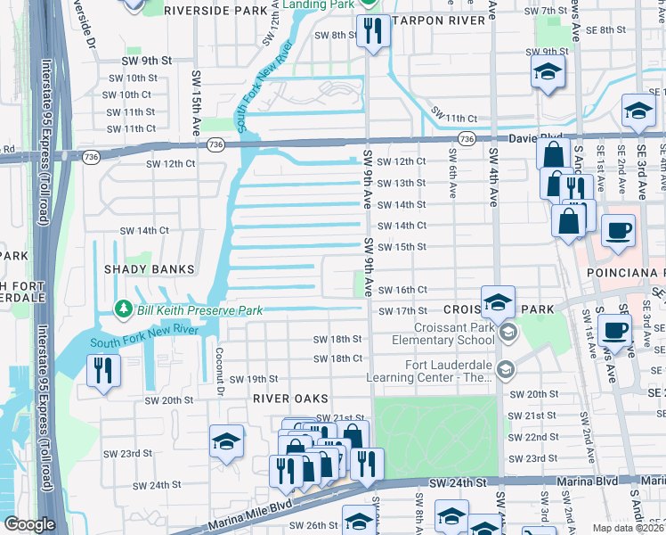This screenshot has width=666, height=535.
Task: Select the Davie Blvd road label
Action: [x=537, y=139]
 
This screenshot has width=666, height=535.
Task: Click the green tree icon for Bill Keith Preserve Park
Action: [x=124, y=309]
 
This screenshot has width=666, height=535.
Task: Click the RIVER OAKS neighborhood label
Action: [x=290, y=398]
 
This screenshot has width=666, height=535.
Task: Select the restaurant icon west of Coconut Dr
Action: [x=103, y=370]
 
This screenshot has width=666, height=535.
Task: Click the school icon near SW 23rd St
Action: [x=226, y=440]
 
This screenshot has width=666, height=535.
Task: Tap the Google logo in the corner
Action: [x=29, y=523]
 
